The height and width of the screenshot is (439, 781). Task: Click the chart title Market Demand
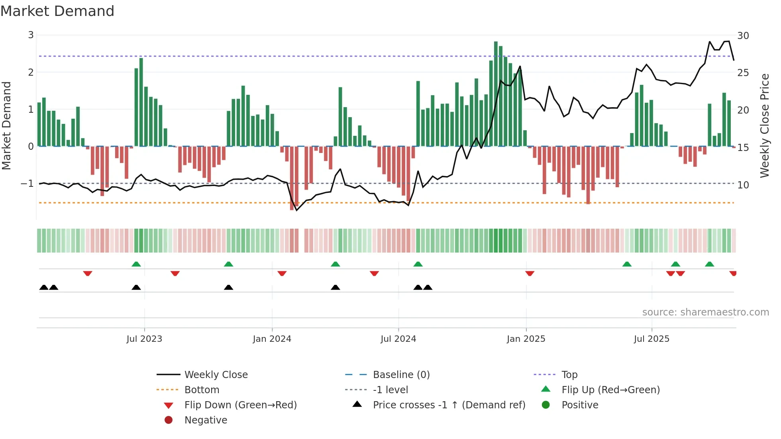pos(57,11)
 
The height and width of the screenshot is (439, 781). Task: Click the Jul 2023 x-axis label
pos(144,339)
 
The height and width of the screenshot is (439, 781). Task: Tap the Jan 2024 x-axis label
pos(272,339)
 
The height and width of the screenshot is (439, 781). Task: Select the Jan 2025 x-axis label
pos(526,339)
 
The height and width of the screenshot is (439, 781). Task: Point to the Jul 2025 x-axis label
pos(651,339)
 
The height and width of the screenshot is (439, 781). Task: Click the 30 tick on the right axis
pos(743,36)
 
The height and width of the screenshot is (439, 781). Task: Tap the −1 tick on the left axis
pos(27,184)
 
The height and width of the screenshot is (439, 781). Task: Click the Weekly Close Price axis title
pos(764,125)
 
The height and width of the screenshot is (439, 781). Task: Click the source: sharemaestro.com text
pos(705,312)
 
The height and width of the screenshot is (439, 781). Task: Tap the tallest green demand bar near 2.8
pos(496,94)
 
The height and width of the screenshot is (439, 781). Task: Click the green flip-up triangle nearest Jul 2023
pos(136,264)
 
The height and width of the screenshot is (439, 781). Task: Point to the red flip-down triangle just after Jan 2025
pos(530,273)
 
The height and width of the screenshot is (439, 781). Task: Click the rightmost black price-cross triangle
pos(428,287)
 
